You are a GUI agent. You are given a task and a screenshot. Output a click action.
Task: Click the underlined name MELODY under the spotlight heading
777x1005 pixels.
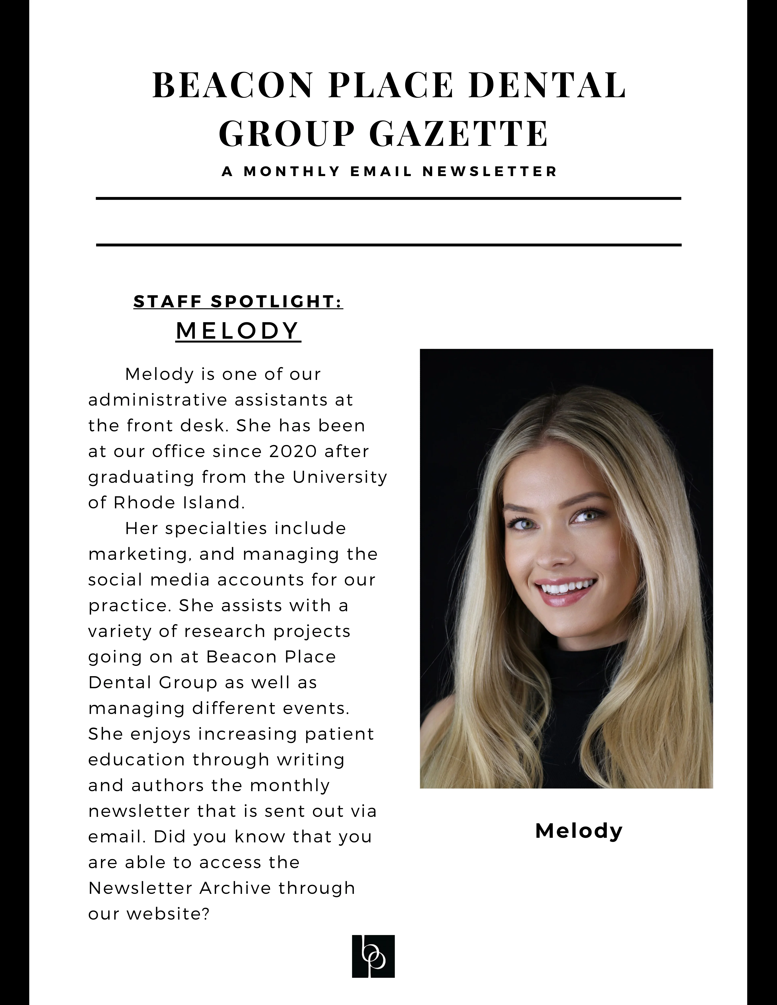(x=238, y=331)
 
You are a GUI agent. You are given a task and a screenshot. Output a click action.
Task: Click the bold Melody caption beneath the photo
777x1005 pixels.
(x=579, y=831)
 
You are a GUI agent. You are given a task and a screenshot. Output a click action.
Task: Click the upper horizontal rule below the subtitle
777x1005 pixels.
(x=388, y=199)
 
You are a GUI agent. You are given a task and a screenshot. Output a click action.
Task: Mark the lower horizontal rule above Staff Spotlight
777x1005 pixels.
(x=388, y=245)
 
